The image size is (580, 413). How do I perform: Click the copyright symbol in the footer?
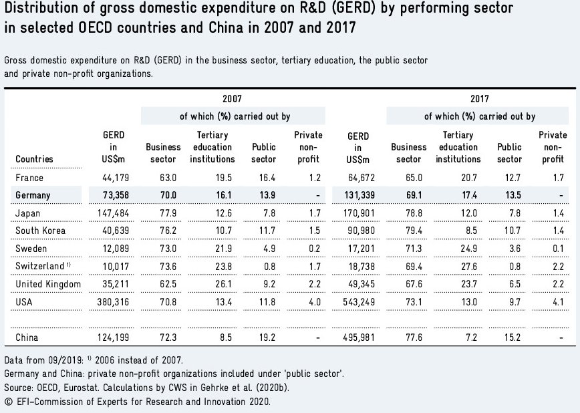(x=8, y=402)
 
